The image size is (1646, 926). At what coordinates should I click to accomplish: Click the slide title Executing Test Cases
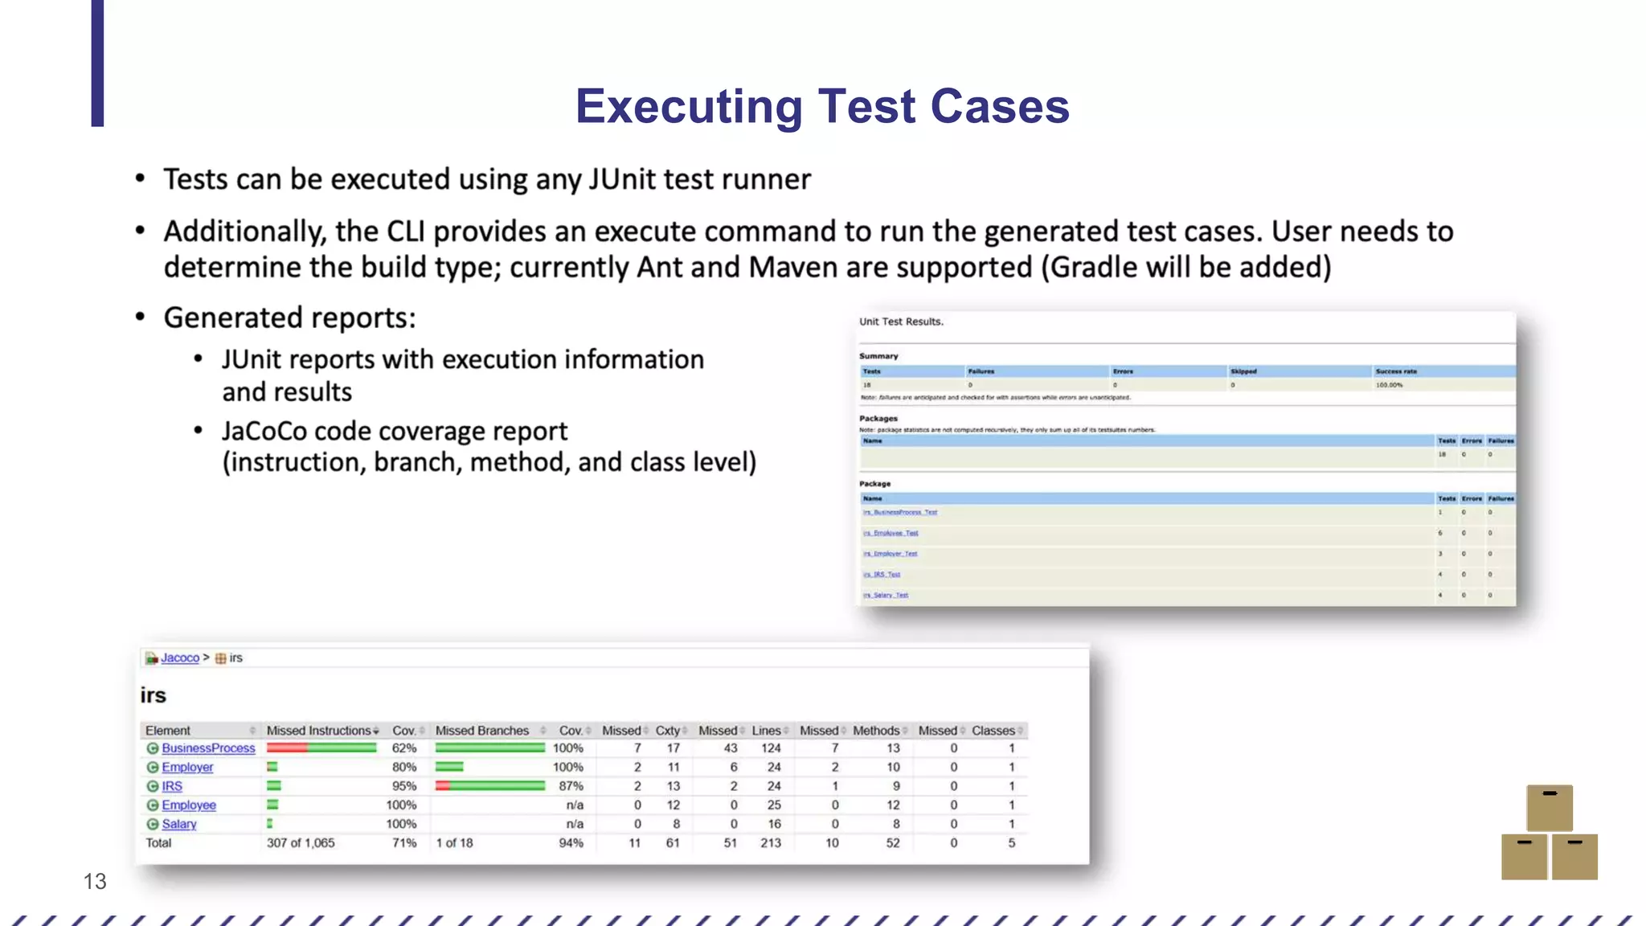(x=822, y=106)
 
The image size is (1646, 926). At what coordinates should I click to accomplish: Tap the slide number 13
(x=95, y=881)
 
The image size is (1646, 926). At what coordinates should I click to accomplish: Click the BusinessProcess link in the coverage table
(x=208, y=748)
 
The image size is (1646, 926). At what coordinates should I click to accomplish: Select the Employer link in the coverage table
(x=187, y=768)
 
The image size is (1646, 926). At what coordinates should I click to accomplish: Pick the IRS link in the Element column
(x=172, y=786)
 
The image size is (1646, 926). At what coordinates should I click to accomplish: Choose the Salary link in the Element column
(x=179, y=824)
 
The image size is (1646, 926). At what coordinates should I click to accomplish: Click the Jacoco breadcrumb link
(x=179, y=658)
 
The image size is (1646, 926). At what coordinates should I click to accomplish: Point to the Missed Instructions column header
(x=319, y=731)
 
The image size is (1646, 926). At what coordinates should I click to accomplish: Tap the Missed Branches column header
(x=482, y=731)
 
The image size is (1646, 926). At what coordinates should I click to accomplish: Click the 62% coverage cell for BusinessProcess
(x=404, y=748)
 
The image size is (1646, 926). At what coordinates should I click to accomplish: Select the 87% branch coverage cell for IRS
(x=571, y=786)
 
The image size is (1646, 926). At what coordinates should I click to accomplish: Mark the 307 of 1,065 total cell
(x=301, y=843)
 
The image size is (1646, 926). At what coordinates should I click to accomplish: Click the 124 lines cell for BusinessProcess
(x=771, y=748)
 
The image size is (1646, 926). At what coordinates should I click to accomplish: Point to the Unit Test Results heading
(x=901, y=322)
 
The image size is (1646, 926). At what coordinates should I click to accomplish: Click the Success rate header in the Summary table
(x=1396, y=371)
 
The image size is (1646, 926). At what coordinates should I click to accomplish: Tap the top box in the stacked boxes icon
(x=1550, y=807)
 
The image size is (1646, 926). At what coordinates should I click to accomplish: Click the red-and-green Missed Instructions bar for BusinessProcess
(x=321, y=748)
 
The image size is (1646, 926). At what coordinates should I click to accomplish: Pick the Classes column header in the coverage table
(x=993, y=731)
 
